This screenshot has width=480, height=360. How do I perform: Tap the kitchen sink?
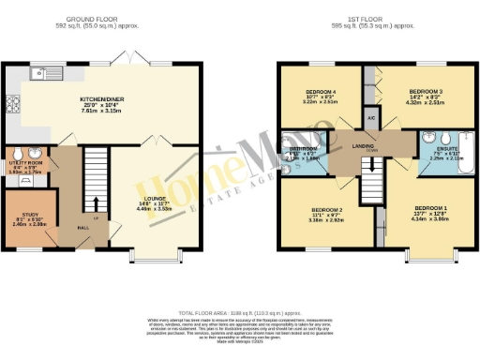(x=39, y=73)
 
